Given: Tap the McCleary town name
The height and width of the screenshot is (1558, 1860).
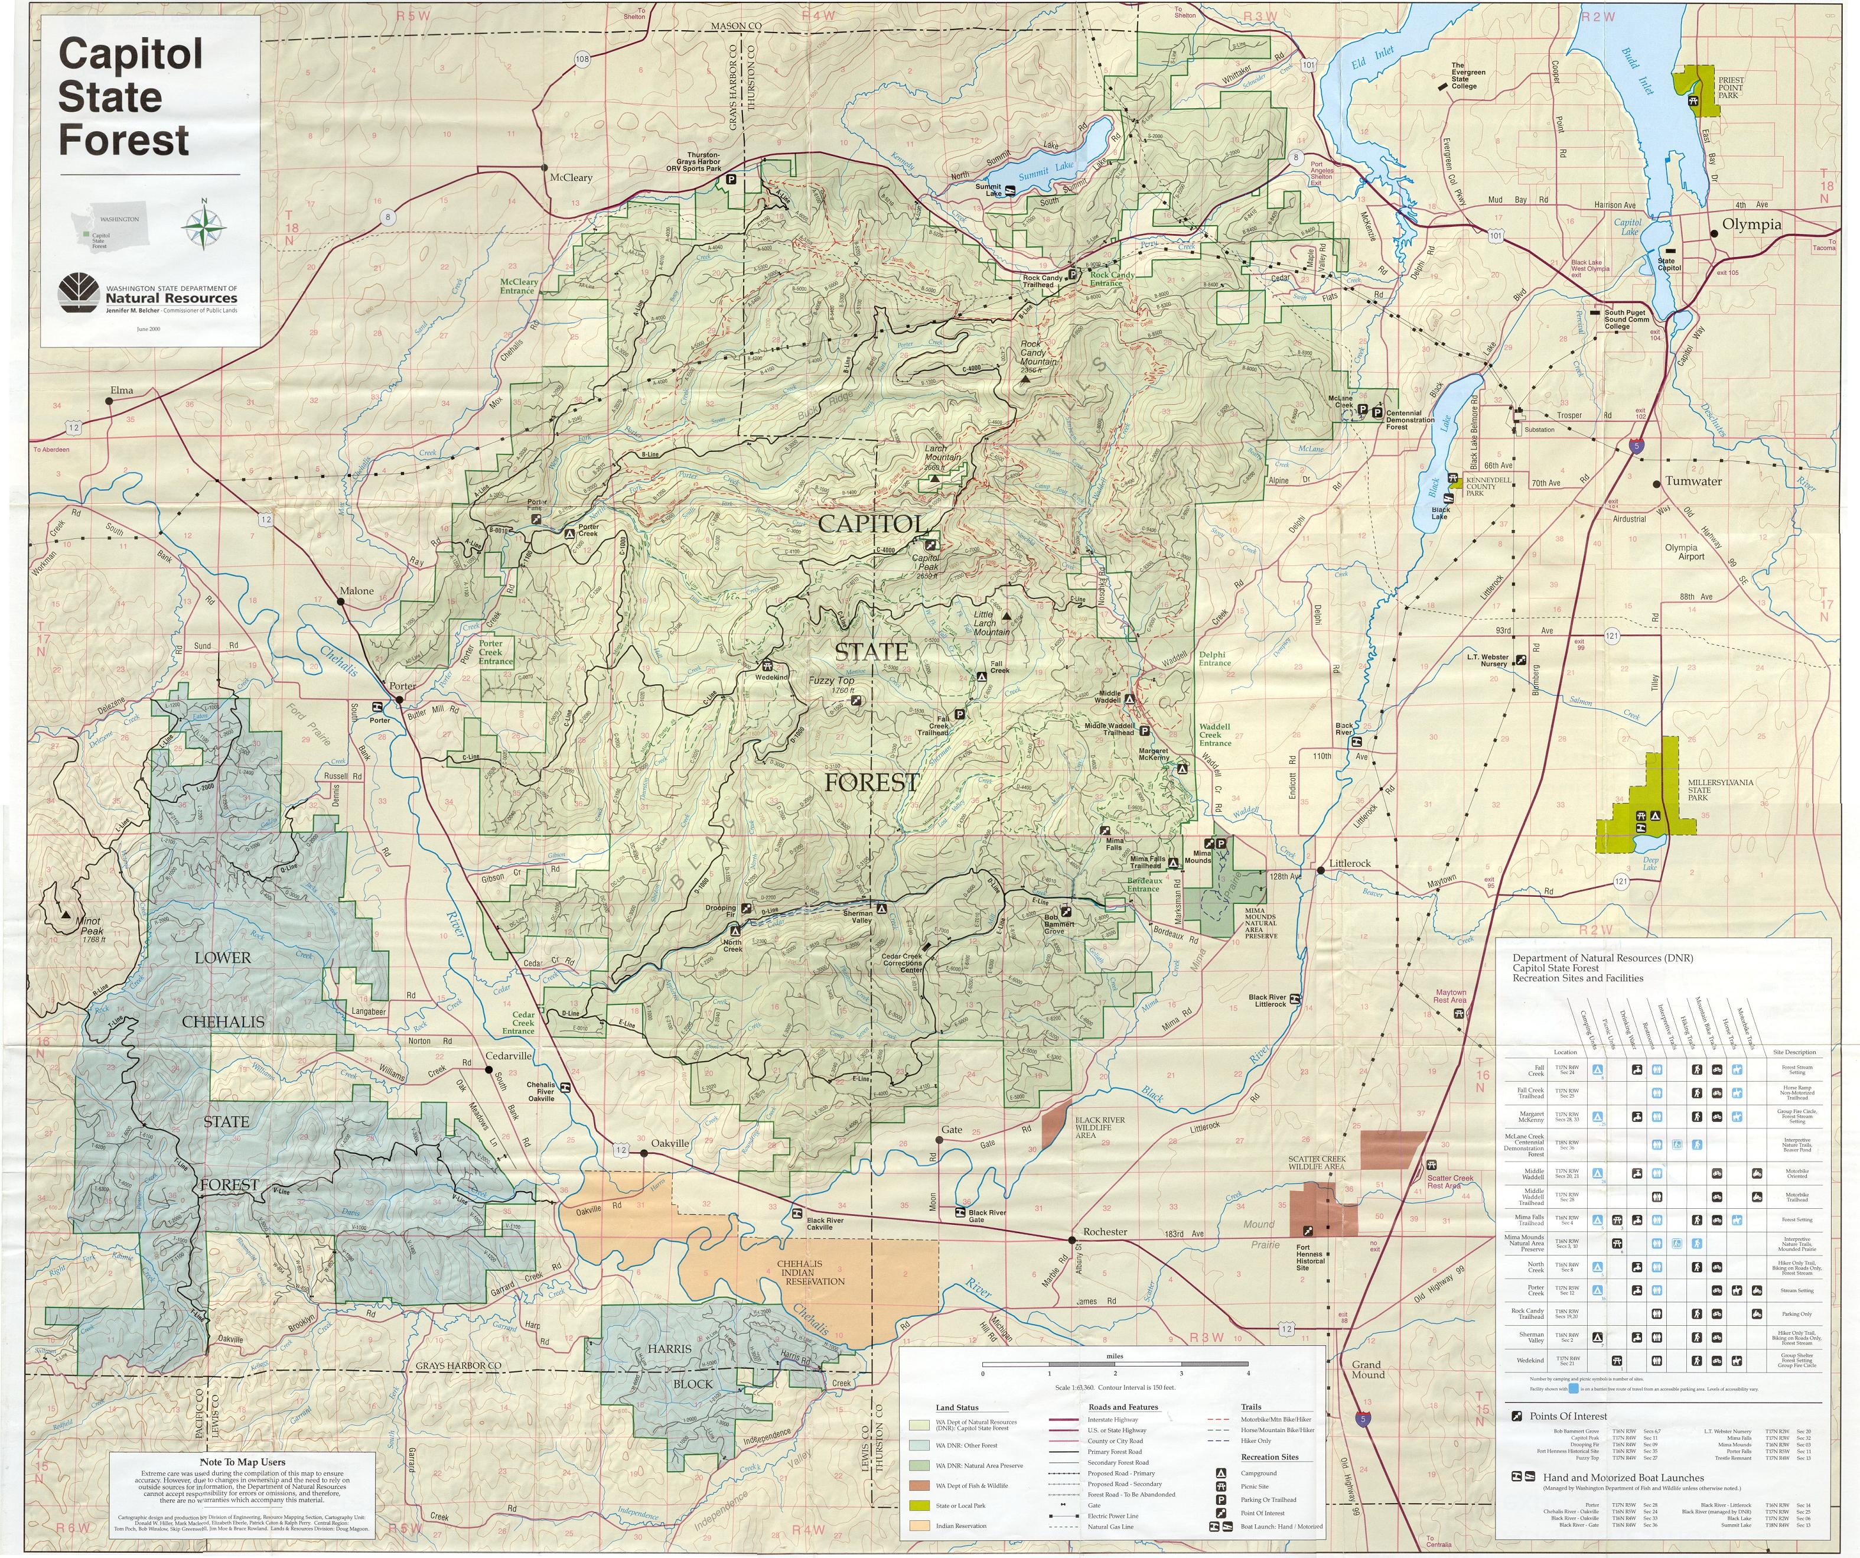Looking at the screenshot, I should (x=571, y=177).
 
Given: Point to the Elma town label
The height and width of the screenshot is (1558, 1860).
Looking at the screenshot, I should (x=121, y=391).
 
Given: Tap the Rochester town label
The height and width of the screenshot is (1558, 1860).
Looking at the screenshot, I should (x=1105, y=1231).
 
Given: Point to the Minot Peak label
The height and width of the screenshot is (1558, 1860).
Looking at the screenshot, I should (x=89, y=926).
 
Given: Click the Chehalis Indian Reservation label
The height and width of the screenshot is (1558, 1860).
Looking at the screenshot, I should (x=812, y=1272).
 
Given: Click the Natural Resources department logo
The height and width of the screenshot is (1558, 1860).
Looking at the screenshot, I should (x=78, y=293).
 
